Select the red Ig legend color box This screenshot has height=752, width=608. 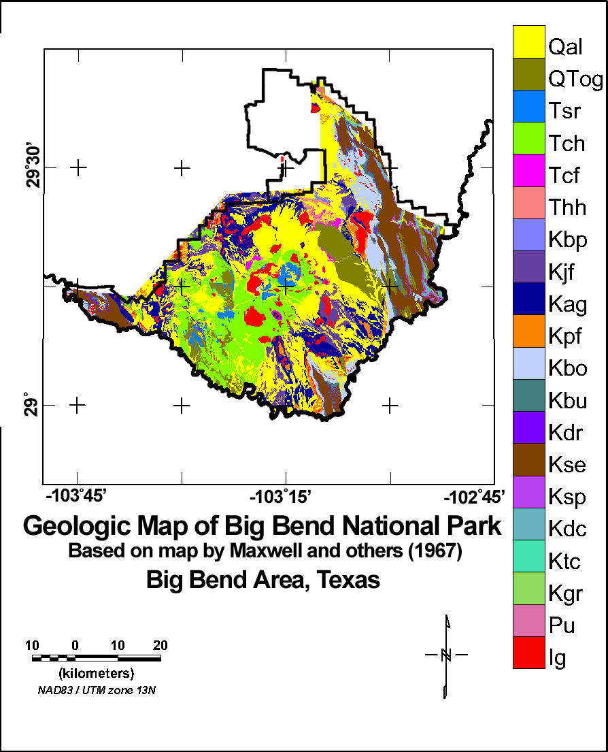tap(529, 653)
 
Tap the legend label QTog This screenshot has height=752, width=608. tap(575, 80)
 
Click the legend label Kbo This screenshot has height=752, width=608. tap(567, 368)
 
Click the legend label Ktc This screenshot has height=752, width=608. tap(566, 561)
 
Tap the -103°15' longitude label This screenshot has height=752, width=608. tap(285, 496)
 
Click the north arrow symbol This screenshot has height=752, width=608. tap(446, 655)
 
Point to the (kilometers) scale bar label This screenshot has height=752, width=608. tap(96, 674)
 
